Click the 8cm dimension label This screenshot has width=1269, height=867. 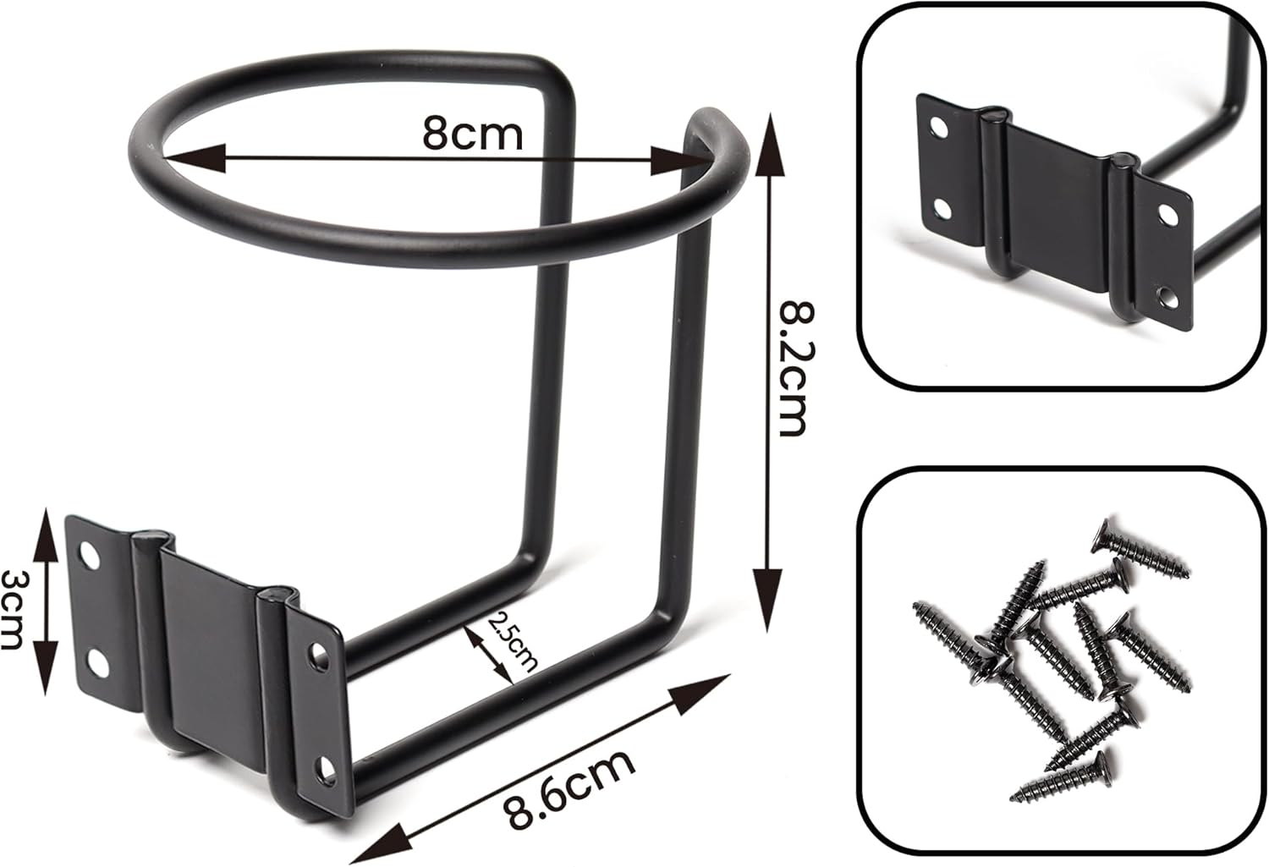coord(473,133)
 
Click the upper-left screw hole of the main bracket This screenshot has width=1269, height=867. coord(88,555)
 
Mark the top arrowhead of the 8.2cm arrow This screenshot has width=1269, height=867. coord(768,135)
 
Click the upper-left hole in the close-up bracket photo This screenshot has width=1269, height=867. coord(938,128)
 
